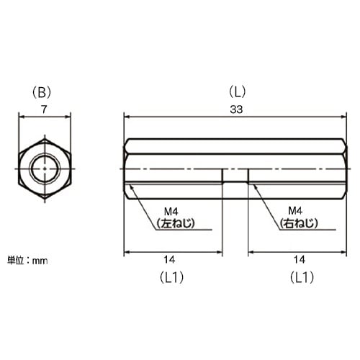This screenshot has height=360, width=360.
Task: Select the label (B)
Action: pos(45,91)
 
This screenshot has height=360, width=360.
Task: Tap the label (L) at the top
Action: pos(237,91)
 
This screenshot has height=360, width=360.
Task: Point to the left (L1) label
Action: pos(173,276)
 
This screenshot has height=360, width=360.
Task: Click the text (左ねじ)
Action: pos(176,223)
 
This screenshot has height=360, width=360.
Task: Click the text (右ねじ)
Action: pos(298,223)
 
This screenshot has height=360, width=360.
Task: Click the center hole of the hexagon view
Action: pos(45,169)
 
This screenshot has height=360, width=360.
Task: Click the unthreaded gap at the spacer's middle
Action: pos(235,176)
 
